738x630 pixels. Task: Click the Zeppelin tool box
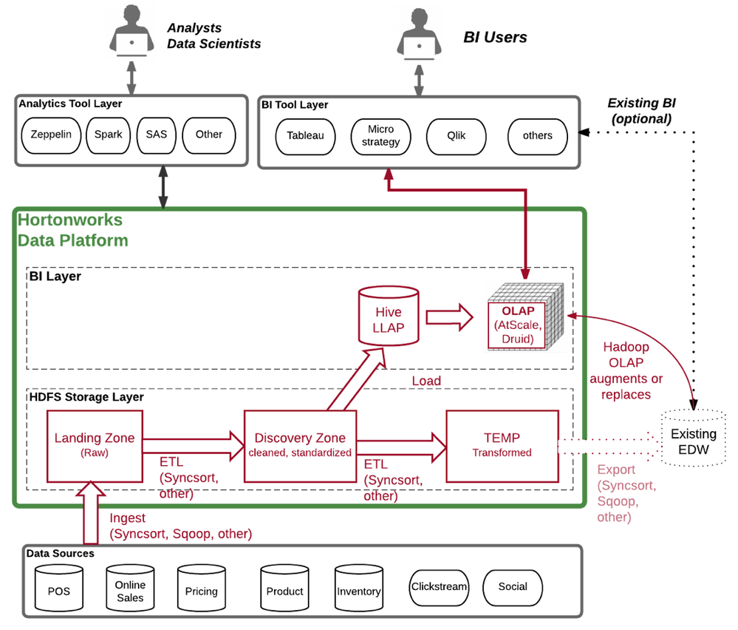(x=51, y=135)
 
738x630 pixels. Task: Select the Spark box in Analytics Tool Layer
(x=108, y=135)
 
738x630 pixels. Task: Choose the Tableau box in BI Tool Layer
(x=305, y=136)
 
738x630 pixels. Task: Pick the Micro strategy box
(x=380, y=135)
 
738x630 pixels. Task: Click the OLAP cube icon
(x=526, y=316)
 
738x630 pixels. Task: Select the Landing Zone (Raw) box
(x=95, y=446)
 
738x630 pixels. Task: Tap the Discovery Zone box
(x=300, y=446)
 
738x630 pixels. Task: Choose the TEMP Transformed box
(x=502, y=446)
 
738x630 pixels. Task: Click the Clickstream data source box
(x=439, y=587)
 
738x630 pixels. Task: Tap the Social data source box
(x=513, y=587)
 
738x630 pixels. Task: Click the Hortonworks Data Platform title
(x=72, y=230)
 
